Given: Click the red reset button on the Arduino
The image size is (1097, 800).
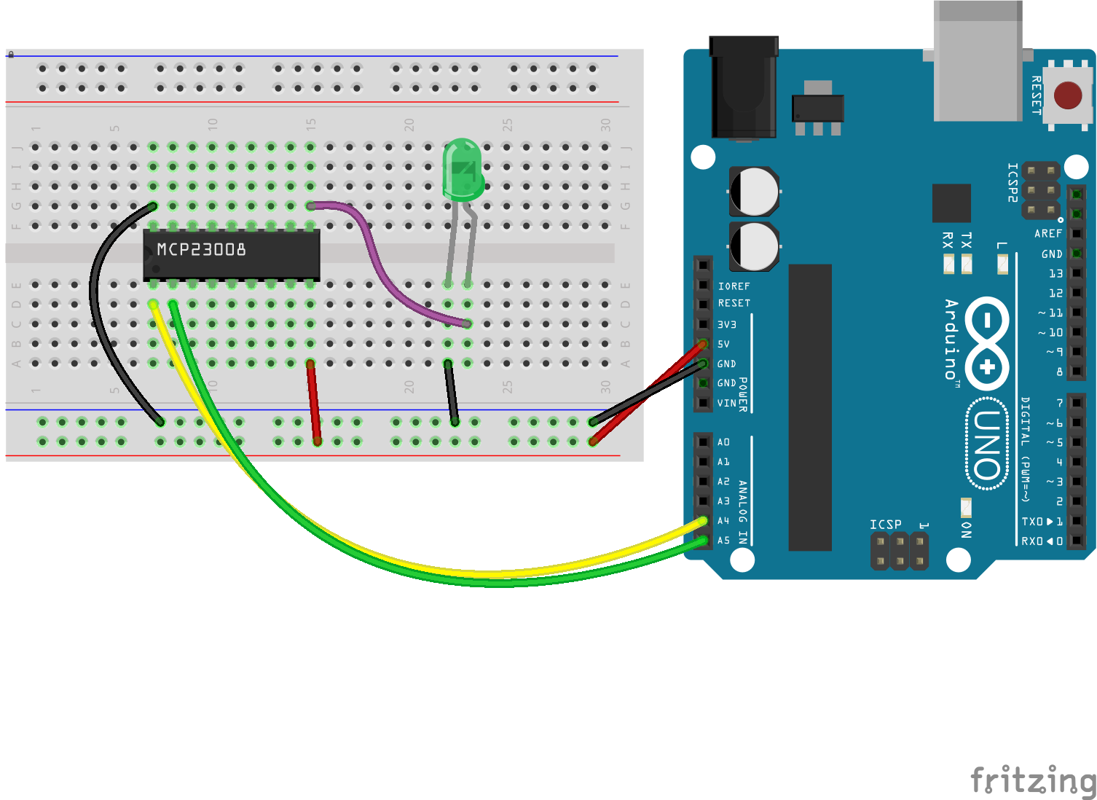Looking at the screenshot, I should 1068,95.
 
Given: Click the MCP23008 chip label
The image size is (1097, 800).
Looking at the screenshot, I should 202,250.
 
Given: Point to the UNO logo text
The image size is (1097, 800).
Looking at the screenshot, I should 987,444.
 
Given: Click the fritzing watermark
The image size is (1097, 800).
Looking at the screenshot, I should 1033,780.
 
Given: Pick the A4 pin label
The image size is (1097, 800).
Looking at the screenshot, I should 723,521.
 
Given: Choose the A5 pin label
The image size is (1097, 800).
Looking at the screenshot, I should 723,541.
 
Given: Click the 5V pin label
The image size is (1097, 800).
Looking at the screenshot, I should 723,344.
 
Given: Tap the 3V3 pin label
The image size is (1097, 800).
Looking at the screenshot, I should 726,324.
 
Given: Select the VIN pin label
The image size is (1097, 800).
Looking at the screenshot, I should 726,403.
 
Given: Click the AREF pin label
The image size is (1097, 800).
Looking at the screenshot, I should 1048,234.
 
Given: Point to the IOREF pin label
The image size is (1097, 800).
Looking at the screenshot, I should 734,286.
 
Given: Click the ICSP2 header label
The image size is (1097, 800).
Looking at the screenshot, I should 1012,182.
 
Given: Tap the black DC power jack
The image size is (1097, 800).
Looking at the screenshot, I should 744,87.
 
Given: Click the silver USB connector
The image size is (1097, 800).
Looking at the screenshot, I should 978,62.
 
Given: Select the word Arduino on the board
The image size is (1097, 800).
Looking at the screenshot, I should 951,340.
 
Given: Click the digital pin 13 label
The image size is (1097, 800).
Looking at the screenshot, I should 1055,274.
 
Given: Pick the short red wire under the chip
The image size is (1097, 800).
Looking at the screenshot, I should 314,402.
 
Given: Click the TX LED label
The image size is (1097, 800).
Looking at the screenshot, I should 967,240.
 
